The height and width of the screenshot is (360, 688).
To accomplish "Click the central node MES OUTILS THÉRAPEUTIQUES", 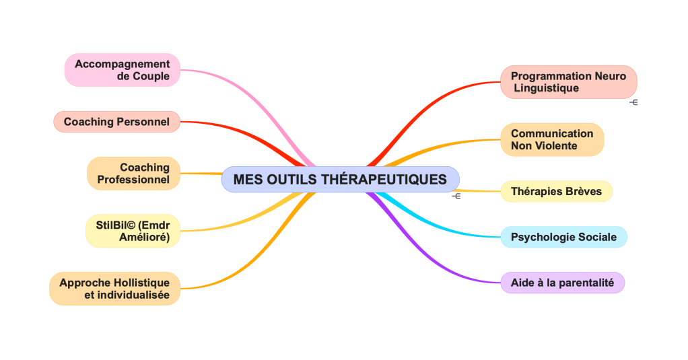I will click(340, 180).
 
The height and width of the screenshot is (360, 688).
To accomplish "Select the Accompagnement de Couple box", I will click(123, 70).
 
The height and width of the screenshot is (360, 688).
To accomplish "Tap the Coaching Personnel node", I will click(116, 122).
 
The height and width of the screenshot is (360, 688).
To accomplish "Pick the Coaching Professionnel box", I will click(134, 174).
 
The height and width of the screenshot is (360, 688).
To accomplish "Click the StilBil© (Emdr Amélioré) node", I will click(133, 231).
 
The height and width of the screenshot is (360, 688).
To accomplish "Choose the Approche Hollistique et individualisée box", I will click(114, 289).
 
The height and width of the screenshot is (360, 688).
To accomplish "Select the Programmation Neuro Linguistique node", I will click(568, 82).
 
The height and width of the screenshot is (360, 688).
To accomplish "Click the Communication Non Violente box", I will click(552, 139).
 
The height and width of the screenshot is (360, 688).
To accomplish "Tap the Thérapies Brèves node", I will click(556, 191).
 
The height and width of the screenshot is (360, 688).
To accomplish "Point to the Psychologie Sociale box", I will click(563, 237).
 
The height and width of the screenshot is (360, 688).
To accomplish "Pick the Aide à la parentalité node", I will click(562, 283).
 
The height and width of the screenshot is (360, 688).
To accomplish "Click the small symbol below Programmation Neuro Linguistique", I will click(633, 103).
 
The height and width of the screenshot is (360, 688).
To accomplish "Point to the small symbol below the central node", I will click(456, 196).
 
